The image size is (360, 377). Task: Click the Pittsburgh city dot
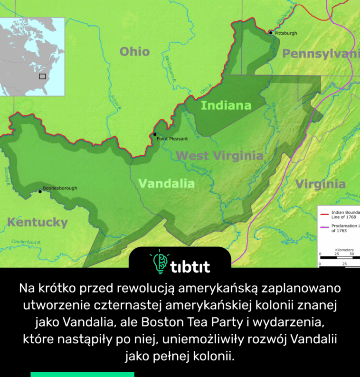270,33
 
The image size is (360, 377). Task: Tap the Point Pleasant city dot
155,134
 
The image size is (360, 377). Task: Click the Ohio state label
134,51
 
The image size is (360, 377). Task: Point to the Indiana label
226,105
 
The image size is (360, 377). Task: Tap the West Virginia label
219,156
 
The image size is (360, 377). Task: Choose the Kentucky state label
38,222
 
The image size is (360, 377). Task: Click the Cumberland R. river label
26,242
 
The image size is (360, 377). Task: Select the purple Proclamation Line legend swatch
325,227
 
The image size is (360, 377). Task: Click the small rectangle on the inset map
42,76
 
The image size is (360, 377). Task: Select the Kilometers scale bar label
344,249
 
